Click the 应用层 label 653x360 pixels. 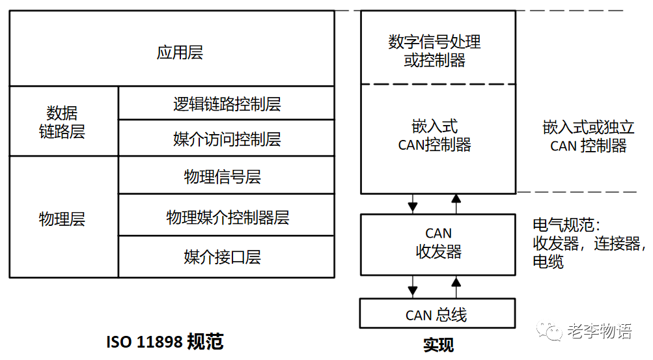pos(180,53)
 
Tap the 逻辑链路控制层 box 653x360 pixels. pos(227,104)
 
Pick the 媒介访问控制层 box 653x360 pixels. pos(227,139)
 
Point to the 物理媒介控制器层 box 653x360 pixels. pos(227,217)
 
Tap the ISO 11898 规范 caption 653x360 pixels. pos(165,342)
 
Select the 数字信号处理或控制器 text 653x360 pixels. pos(434,51)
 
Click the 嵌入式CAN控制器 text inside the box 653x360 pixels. pos(434,135)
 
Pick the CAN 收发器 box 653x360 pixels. pos(438,242)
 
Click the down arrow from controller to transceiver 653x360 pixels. pos(412,204)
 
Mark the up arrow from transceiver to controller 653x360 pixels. pos(456,203)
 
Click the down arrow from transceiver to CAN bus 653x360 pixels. pos(412,287)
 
